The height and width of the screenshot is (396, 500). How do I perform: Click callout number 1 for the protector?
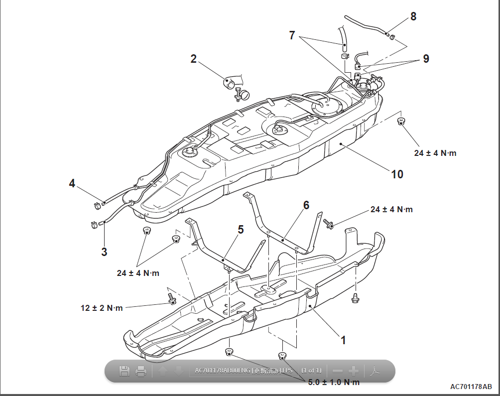pos(343,340)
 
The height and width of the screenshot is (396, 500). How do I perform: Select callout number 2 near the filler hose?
pos(194,59)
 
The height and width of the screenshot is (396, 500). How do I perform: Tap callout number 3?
pos(104,252)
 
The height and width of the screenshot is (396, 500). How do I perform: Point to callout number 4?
pos(72,184)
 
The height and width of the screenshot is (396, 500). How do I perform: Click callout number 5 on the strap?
pos(241,230)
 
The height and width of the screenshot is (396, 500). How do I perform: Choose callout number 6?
pos(306,205)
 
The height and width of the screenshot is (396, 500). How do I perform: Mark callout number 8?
pos(413,16)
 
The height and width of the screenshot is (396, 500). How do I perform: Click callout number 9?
pos(426,58)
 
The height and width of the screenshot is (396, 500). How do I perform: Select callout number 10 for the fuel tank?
pos(397,174)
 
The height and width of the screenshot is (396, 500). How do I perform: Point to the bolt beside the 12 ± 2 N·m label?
pos(172,299)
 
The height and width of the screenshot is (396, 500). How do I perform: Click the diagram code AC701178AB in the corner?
pos(471,387)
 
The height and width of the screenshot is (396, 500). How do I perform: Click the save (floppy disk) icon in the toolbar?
pos(125,371)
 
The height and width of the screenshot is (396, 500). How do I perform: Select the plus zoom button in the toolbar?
pos(353,371)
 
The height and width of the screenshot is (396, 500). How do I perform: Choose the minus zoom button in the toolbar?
pos(337,371)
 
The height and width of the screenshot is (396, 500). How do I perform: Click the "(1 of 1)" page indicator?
pos(311,371)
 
